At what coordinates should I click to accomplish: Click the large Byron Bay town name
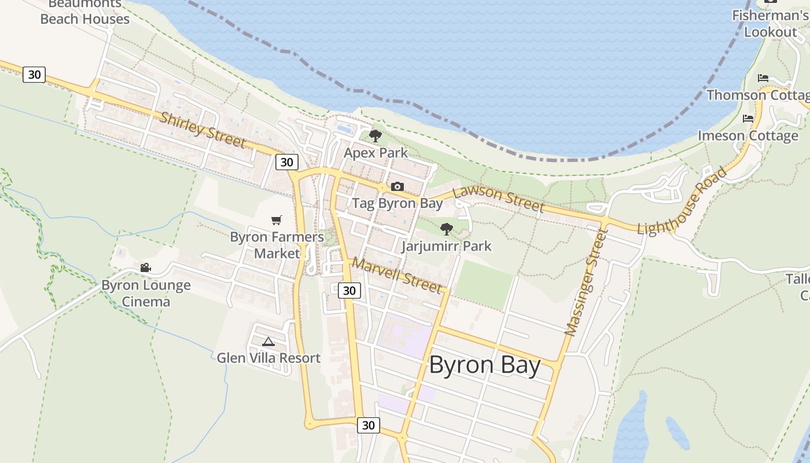(485, 366)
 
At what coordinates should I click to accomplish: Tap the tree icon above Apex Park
(375, 137)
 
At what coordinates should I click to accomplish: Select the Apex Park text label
(375, 153)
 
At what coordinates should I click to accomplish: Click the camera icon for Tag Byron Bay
(397, 186)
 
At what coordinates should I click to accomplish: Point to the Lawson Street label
(498, 199)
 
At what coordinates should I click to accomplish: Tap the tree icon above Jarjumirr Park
(446, 229)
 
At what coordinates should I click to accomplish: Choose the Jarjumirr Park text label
(447, 246)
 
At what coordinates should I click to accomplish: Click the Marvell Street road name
(397, 274)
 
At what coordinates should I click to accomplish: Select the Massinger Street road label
(587, 282)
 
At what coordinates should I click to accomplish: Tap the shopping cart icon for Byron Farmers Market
(277, 220)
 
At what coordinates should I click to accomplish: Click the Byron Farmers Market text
(277, 245)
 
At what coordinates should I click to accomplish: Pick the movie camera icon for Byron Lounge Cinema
(145, 267)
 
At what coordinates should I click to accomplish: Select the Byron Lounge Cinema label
(146, 293)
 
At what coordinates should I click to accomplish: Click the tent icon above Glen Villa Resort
(268, 341)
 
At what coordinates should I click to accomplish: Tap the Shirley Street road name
(203, 129)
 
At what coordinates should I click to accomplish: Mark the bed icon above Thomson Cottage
(763, 78)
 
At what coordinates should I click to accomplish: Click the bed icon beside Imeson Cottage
(748, 119)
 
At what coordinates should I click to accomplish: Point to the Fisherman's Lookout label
(770, 24)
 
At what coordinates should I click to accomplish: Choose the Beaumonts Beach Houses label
(85, 12)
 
